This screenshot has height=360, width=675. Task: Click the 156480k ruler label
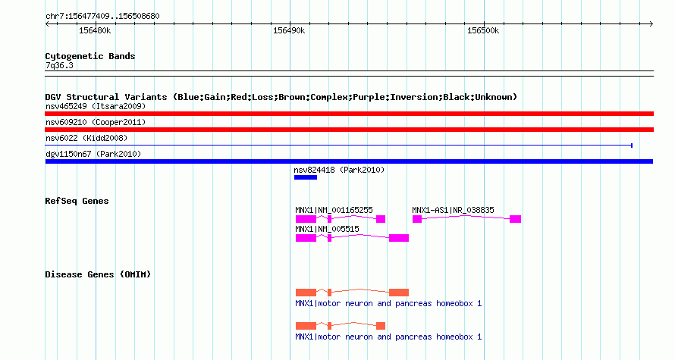coord(95,30)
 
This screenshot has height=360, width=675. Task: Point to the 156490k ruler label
coord(289,30)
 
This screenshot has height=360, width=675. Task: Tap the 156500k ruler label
coord(483,30)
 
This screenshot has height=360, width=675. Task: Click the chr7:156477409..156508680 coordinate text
coord(102,17)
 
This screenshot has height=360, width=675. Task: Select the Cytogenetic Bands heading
coord(90,56)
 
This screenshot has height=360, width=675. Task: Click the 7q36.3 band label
coord(59,65)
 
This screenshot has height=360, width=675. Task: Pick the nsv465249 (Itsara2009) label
coord(96,106)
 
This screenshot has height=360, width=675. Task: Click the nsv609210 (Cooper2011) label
coord(96,122)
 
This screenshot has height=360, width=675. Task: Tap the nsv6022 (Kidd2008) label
coord(86,138)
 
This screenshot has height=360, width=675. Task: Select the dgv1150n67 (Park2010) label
coord(93,154)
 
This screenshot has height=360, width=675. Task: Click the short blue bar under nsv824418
coord(306,177)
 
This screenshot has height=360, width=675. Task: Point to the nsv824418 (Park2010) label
coord(339,170)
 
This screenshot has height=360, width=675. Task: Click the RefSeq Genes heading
coord(77,201)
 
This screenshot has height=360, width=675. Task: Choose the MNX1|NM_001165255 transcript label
coord(334,211)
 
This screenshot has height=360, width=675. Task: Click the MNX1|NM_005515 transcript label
coord(327,229)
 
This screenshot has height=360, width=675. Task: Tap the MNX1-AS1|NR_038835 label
coord(454,211)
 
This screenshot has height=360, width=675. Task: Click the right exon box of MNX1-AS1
coord(515,219)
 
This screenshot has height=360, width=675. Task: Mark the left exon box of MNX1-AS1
coord(417,219)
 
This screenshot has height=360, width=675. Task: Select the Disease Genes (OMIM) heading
coord(98,274)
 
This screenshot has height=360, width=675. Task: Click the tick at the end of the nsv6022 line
coord(632,146)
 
